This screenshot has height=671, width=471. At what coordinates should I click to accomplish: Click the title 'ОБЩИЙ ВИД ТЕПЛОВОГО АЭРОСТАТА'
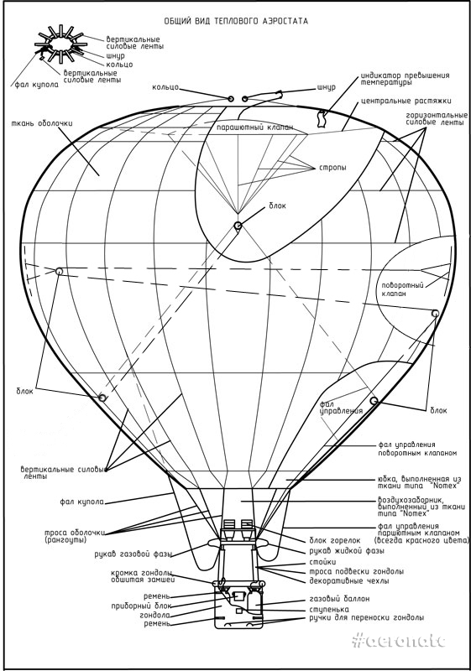point(236,21)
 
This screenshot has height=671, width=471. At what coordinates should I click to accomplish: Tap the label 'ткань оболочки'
point(42,122)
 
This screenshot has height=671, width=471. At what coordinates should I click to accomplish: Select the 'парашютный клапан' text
point(255,128)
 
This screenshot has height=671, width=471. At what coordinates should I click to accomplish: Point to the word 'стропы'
point(332,167)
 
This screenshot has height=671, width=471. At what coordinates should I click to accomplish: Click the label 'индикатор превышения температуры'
point(406,79)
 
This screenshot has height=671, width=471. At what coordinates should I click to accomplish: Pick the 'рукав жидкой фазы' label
point(347,551)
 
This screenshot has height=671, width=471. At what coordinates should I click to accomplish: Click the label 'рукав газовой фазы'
point(133,554)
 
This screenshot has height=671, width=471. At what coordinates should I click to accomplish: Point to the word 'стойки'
point(322,562)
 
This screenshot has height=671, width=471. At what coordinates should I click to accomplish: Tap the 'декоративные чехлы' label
point(349,581)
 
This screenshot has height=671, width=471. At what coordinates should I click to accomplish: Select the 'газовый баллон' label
point(339,599)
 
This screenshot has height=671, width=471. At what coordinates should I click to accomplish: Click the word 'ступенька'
point(329,610)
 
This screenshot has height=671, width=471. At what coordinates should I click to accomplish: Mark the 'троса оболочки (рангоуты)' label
point(75,537)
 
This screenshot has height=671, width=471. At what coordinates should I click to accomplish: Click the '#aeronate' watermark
point(399,641)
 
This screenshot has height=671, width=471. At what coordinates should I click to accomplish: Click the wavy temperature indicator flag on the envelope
point(322,118)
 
